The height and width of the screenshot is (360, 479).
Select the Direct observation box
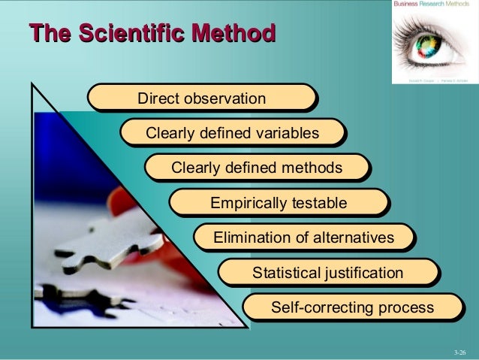pos(200,98)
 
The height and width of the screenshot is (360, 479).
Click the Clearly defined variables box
pos(232,133)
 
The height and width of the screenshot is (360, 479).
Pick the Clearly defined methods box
pos(257,168)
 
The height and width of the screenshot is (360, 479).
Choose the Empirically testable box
pos(278,203)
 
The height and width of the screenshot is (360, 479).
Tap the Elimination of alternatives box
pos(303,237)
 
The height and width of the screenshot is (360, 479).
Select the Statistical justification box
pos(327,272)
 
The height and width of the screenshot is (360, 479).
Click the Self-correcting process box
pos(351,307)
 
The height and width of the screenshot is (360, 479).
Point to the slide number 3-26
pos(460,351)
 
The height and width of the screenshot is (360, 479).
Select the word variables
pos(285,133)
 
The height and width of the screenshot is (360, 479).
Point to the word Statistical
pos(285,272)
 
